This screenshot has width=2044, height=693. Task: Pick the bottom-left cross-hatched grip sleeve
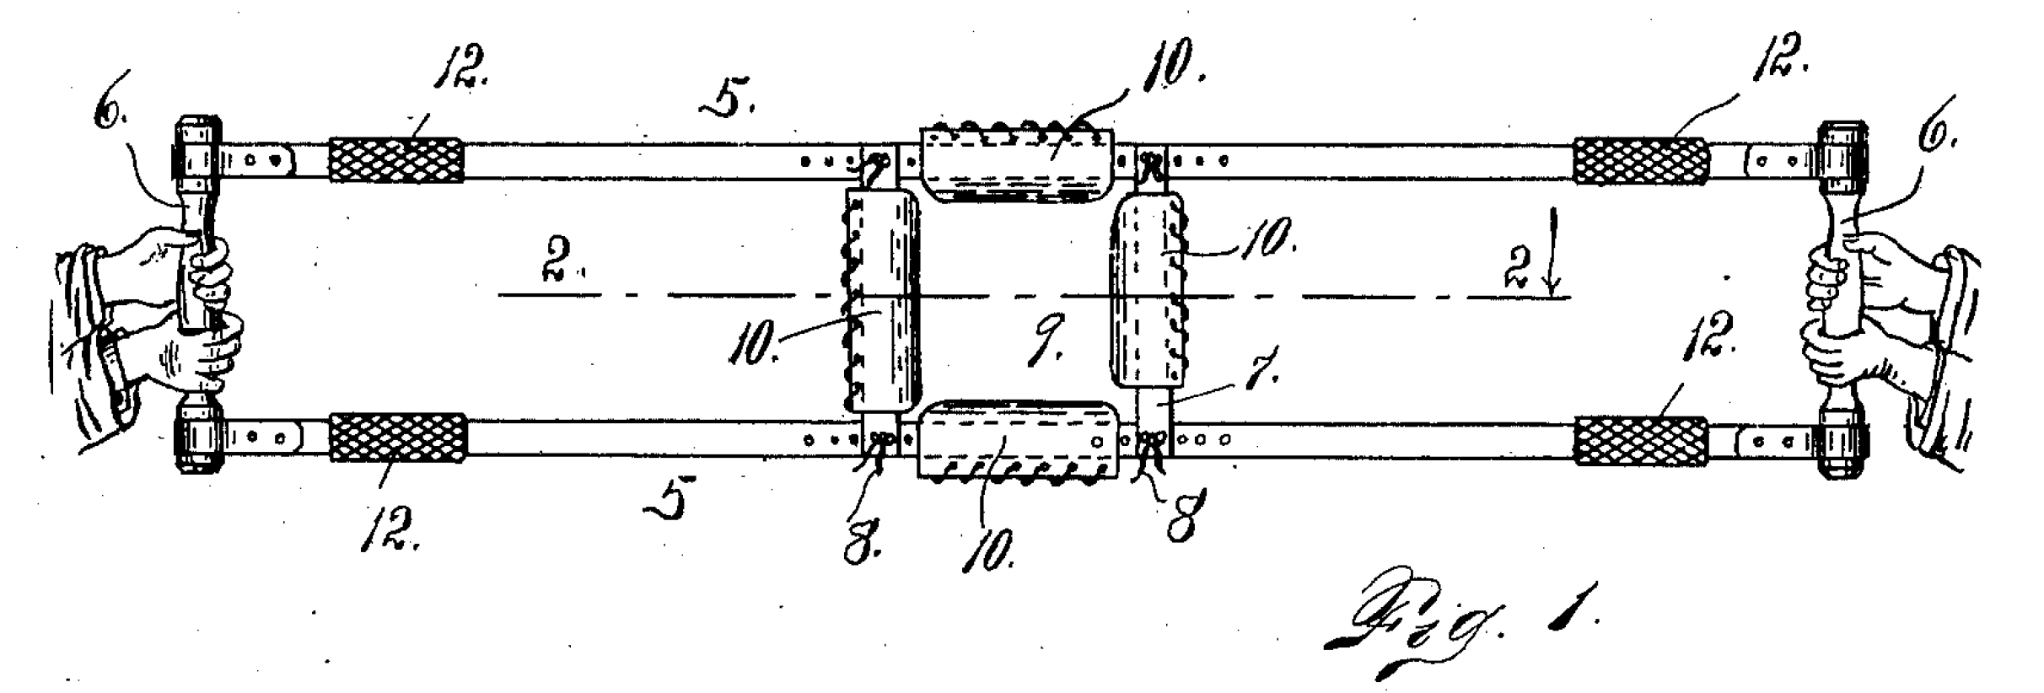(x=397, y=438)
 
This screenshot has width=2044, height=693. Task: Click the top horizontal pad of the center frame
(x=1017, y=165)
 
